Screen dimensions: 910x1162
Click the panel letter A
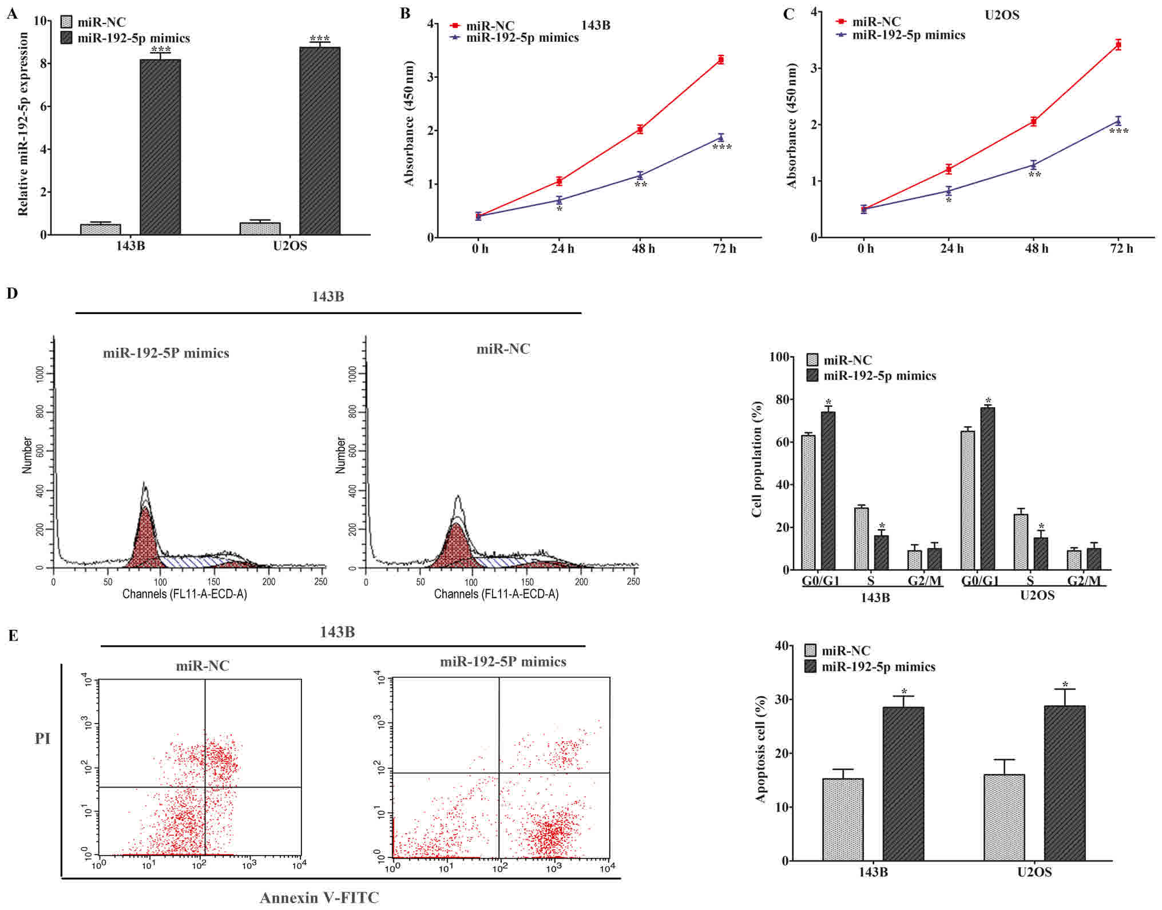(11, 14)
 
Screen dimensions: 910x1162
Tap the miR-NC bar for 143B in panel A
(100, 229)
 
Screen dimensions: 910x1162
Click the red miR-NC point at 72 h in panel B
(721, 59)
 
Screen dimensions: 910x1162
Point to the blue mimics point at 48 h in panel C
(1033, 165)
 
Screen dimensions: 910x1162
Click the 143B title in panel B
(595, 25)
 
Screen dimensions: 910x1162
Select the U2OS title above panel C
(1001, 15)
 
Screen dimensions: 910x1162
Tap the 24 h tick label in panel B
(562, 249)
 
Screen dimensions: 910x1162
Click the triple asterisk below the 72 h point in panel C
(1119, 132)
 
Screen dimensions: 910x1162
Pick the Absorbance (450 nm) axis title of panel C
(792, 125)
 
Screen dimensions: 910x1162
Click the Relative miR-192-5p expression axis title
(23, 124)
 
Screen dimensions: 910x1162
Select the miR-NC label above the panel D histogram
(503, 349)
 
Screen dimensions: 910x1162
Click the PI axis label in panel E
(43, 738)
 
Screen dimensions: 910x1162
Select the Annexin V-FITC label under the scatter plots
(319, 897)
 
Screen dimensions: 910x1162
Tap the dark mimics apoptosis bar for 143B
(903, 784)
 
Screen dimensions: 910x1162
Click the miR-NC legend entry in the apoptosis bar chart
(845, 651)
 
